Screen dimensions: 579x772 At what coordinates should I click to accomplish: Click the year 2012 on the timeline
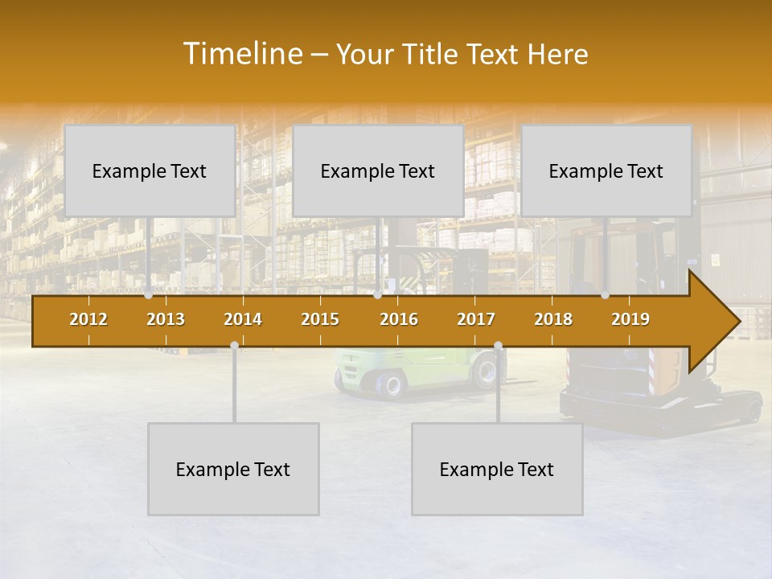click(x=88, y=319)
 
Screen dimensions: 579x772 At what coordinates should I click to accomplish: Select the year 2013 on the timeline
click(x=166, y=319)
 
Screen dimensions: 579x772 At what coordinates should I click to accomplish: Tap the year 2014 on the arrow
click(x=243, y=319)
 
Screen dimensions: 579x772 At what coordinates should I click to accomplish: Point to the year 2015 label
click(x=320, y=319)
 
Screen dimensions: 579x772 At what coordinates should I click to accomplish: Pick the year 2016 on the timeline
click(x=399, y=319)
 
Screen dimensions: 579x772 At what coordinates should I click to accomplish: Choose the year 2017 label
click(x=476, y=319)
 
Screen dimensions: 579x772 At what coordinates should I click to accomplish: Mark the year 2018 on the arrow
click(x=553, y=319)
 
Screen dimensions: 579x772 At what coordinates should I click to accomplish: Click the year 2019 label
click(x=630, y=319)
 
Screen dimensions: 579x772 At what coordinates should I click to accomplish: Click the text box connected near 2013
click(x=150, y=170)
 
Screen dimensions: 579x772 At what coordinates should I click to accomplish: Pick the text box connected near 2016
click(x=378, y=170)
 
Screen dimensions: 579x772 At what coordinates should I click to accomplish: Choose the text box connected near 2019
click(x=606, y=170)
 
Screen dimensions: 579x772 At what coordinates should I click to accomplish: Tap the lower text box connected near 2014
click(x=233, y=469)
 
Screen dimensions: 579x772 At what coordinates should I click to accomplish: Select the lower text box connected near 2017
click(x=497, y=469)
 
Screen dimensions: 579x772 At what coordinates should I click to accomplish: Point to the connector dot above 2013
click(x=149, y=295)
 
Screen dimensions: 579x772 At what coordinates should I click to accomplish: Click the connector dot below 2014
click(x=234, y=345)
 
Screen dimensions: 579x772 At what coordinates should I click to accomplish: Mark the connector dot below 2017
click(x=498, y=346)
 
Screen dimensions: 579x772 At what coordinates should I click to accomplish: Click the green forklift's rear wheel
click(x=390, y=384)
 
